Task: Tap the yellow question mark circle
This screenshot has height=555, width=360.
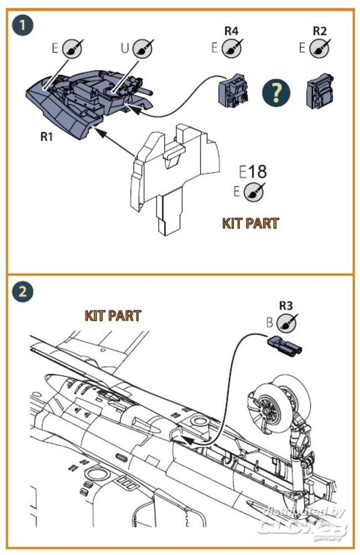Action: click(x=276, y=92)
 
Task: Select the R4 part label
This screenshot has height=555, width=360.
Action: click(x=231, y=31)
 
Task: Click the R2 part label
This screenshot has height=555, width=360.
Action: click(x=320, y=31)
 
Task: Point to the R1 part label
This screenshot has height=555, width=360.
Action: click(x=47, y=136)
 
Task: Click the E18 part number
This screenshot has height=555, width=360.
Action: click(x=252, y=171)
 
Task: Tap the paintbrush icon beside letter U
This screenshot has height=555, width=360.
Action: click(x=143, y=48)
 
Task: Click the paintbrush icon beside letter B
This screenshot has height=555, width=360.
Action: click(x=286, y=322)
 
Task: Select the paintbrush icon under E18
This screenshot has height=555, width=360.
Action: click(x=254, y=191)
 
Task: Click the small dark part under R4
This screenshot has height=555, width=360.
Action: click(x=232, y=90)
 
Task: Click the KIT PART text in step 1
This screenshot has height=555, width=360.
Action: click(x=250, y=223)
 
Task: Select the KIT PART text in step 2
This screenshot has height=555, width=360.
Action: click(x=113, y=315)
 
